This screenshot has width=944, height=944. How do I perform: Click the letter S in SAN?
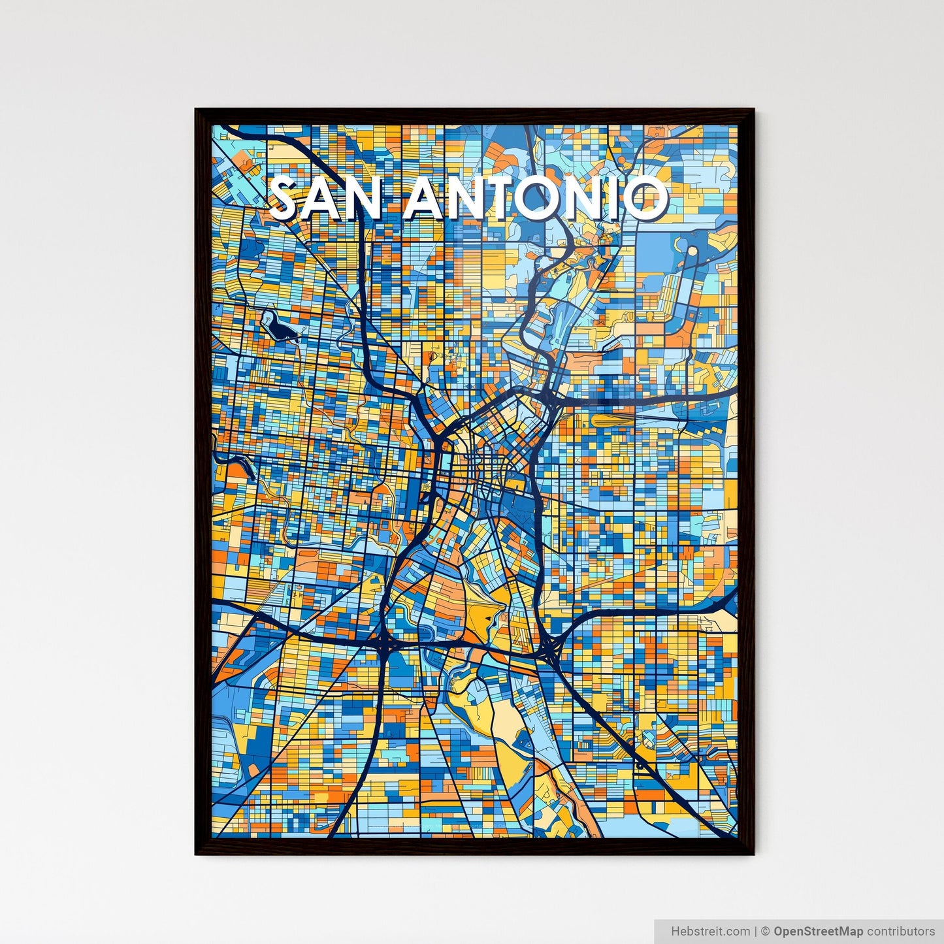(x=287, y=199)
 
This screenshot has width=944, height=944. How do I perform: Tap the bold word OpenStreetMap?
(x=819, y=931)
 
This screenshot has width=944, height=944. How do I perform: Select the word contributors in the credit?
(x=901, y=931)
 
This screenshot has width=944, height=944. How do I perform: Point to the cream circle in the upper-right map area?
(x=691, y=250)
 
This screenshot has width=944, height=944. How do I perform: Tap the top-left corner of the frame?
(x=197, y=110)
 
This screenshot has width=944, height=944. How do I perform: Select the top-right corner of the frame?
(x=753, y=110)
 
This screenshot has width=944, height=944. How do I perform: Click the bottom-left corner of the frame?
(x=197, y=853)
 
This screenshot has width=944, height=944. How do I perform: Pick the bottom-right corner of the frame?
(x=753, y=853)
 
